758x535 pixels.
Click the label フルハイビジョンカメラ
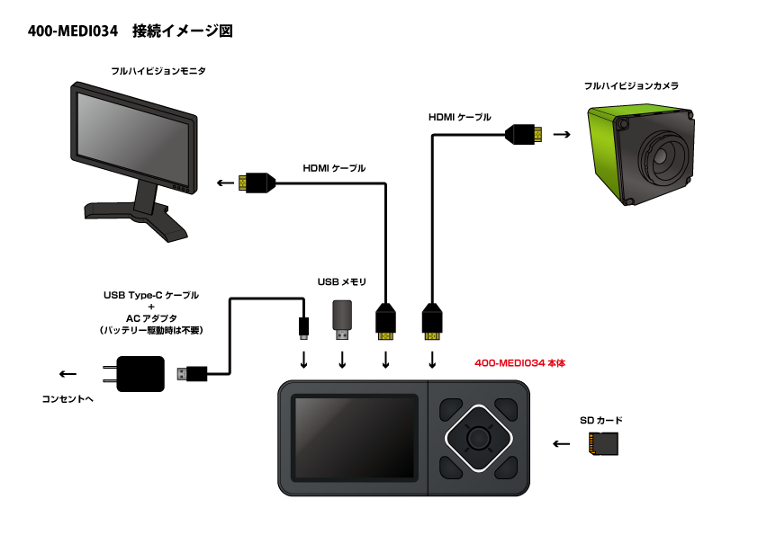click(x=630, y=86)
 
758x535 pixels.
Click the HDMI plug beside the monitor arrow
click(x=255, y=183)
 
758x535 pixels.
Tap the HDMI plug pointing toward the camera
click(x=524, y=135)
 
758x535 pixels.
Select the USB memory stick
click(x=342, y=319)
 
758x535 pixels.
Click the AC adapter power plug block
click(x=140, y=373)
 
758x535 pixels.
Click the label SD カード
click(x=600, y=420)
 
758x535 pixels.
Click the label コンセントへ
click(x=68, y=398)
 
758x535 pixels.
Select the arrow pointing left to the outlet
click(x=68, y=374)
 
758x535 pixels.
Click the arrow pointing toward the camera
click(x=562, y=135)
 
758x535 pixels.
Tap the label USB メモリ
click(x=342, y=282)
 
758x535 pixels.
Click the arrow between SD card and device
click(x=562, y=443)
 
